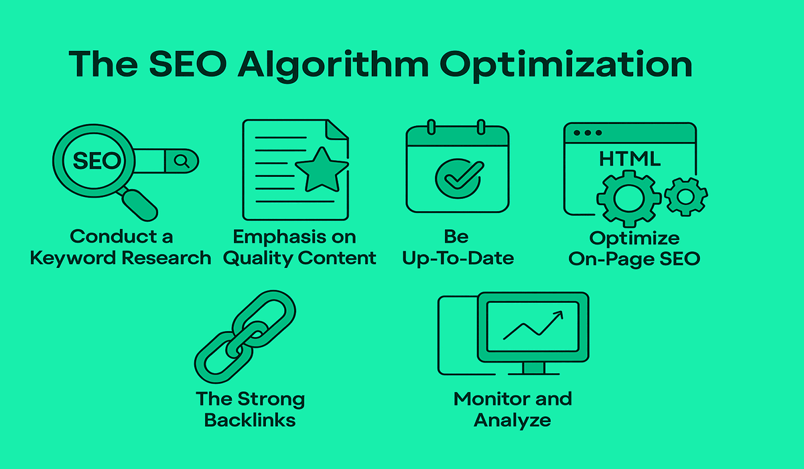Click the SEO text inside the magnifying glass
coord(97,160)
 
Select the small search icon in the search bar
coord(182,161)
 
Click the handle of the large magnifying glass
coord(139,205)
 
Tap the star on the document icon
coord(322,170)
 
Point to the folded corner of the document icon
coord(336,129)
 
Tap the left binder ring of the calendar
coord(431,127)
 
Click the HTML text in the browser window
coord(630,159)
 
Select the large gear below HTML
coord(628,198)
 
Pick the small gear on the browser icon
coord(685,196)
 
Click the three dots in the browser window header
coord(588,133)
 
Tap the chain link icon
coord(245,336)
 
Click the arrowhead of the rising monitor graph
coord(559,315)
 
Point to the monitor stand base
coord(534,374)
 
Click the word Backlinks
coord(250,420)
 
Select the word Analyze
coord(512,421)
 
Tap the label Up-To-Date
coord(458,259)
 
